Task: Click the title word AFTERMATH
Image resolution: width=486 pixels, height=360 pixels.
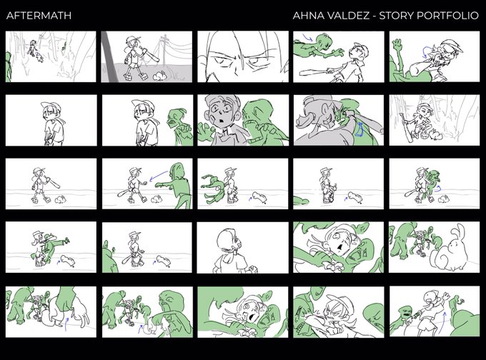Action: tap(39, 16)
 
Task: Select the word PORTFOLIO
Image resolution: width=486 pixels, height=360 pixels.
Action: tap(447, 16)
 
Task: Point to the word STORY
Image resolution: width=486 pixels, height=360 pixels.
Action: tap(397, 16)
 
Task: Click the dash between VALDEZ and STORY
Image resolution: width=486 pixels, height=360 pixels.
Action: tap(375, 16)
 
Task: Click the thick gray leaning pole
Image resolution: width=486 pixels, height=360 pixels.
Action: tap(110, 56)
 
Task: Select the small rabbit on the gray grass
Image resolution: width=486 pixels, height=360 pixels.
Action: tap(160, 76)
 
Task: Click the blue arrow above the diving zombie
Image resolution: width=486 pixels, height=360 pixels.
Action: tap(308, 38)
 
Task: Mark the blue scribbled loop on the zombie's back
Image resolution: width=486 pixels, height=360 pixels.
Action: tap(359, 129)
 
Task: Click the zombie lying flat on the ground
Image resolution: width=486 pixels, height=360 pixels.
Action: tap(302, 201)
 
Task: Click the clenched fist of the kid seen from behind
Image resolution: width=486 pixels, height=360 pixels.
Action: tap(253, 269)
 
